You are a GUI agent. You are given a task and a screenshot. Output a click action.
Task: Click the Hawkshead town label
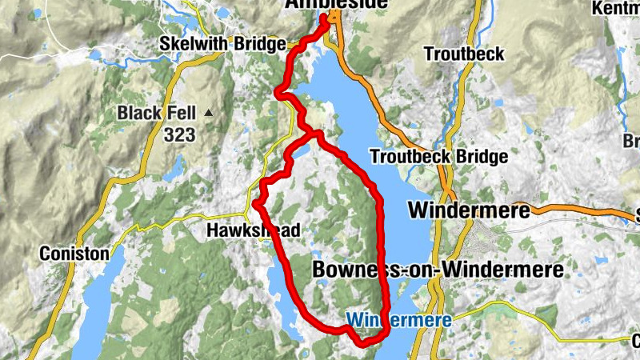pyautogui.click(x=253, y=231)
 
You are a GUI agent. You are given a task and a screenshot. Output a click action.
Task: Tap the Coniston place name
pyautogui.click(x=74, y=253)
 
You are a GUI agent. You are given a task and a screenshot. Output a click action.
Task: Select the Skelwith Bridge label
pyautogui.click(x=222, y=43)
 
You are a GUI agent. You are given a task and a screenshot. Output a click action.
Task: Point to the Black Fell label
pyautogui.click(x=157, y=114)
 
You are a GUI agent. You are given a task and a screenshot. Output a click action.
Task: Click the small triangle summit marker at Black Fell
pyautogui.click(x=209, y=113)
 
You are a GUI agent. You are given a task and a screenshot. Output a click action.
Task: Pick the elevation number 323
pyautogui.click(x=180, y=135)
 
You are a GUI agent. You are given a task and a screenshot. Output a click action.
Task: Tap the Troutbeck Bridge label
pyautogui.click(x=438, y=156)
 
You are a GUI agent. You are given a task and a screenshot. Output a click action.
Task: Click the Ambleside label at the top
pyautogui.click(x=337, y=5)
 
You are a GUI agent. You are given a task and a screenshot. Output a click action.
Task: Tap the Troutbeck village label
pyautogui.click(x=465, y=54)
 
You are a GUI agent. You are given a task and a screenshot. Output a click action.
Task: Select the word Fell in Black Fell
pyautogui.click(x=180, y=114)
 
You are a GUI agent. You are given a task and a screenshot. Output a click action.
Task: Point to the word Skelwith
pyautogui.click(x=192, y=43)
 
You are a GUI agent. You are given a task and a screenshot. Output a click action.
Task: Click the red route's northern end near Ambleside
pyautogui.click(x=326, y=18)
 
